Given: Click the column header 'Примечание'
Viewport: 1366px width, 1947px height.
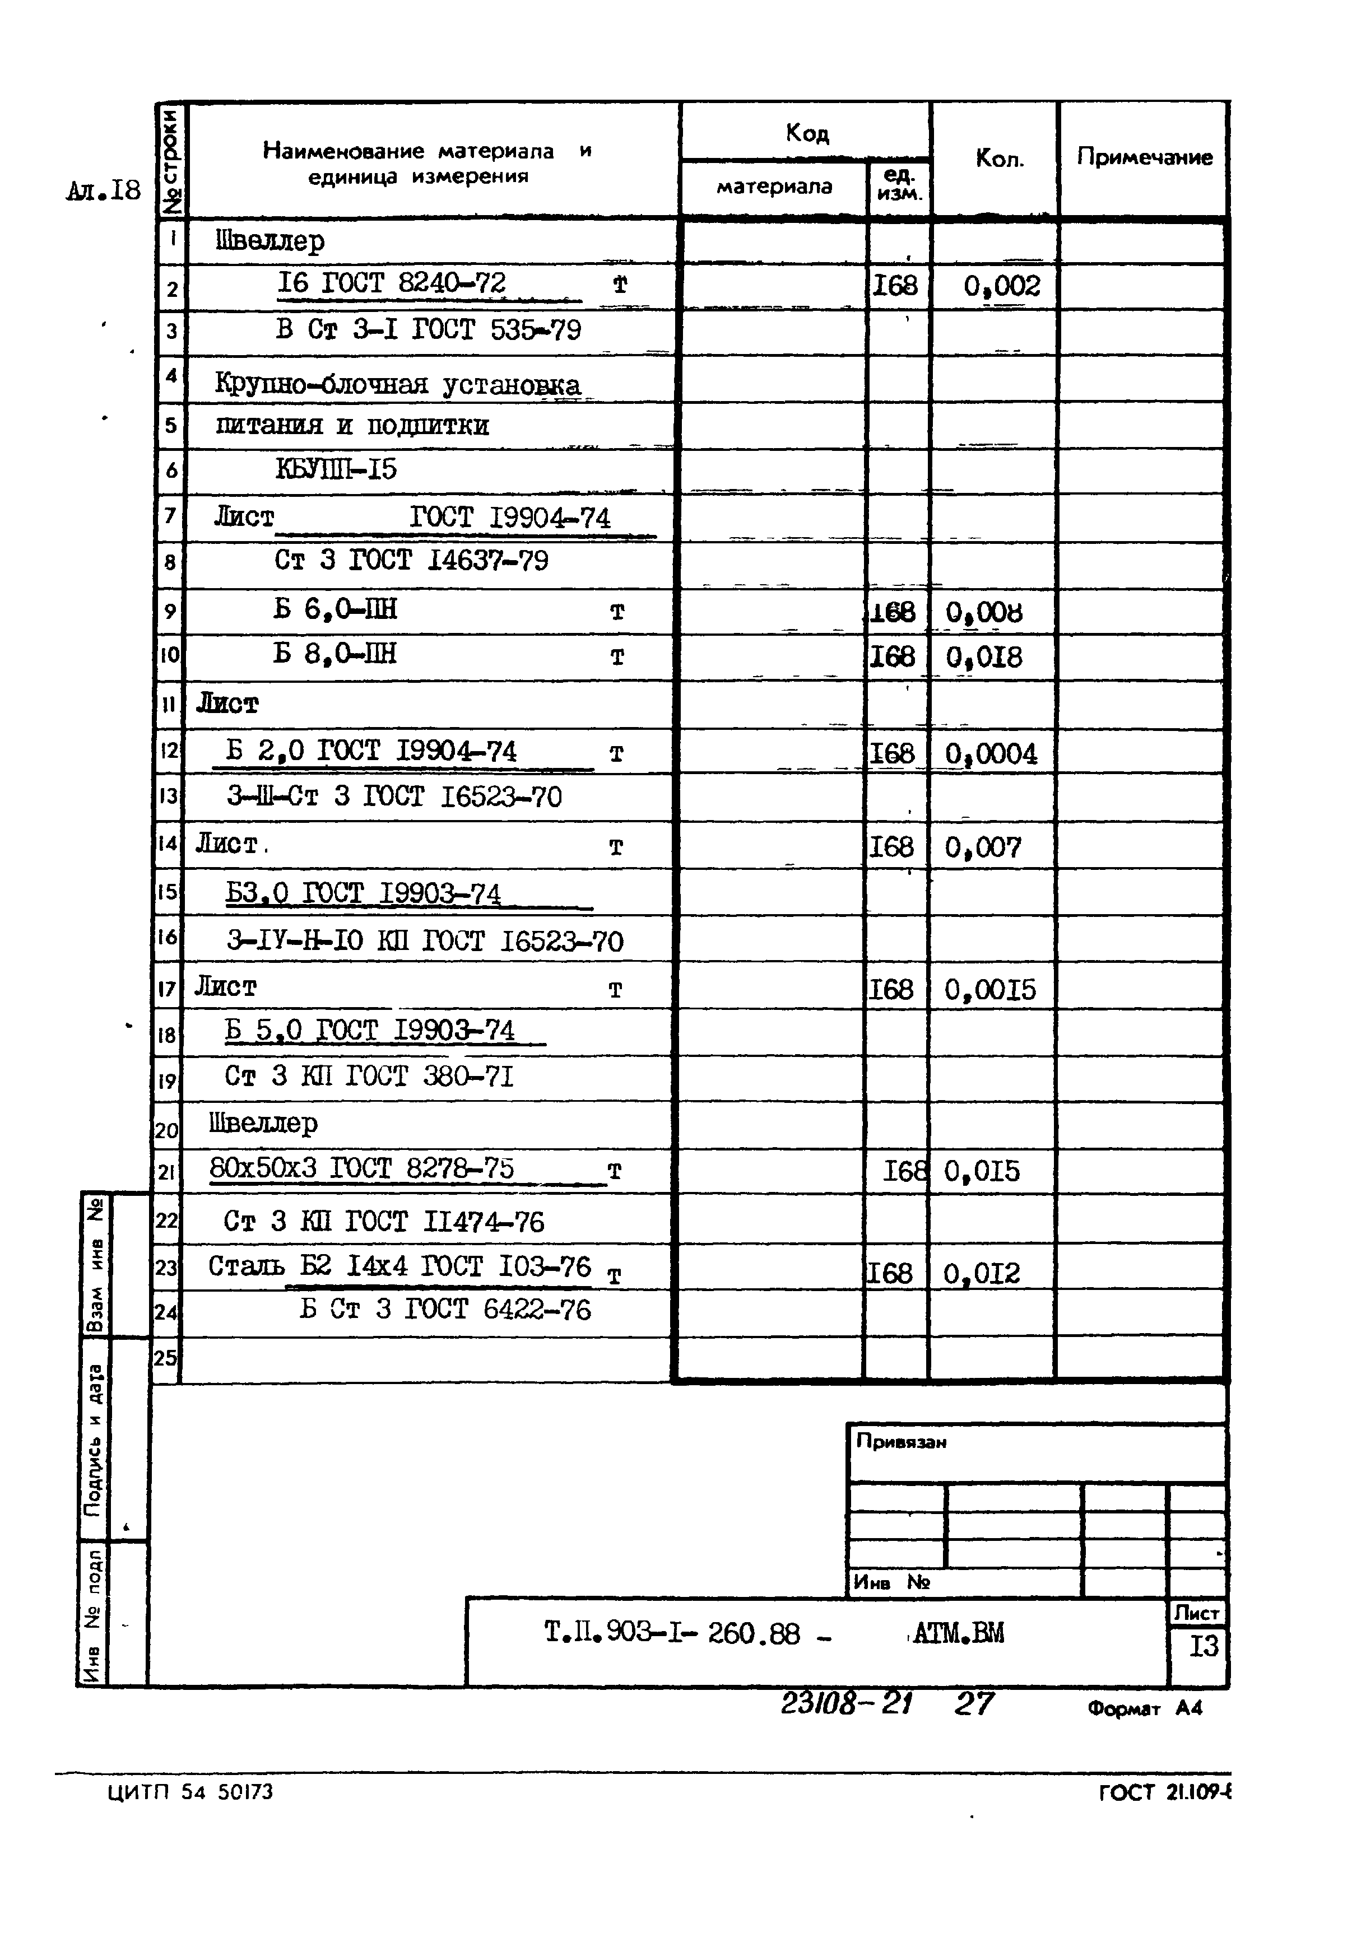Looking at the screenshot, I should [1144, 157].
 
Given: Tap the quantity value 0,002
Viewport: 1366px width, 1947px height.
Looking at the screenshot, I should [1001, 286].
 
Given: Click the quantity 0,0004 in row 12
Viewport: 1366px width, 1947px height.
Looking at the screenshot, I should [991, 754].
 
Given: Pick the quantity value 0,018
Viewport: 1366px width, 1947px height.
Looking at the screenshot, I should [984, 657].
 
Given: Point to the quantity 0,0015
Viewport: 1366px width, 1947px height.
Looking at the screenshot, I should [990, 990].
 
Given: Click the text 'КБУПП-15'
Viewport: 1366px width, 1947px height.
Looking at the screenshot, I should [336, 470].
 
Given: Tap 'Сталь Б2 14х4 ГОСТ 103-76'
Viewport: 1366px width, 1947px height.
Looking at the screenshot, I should [399, 1268].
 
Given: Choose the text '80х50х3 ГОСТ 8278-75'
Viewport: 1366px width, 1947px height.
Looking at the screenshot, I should [361, 1170].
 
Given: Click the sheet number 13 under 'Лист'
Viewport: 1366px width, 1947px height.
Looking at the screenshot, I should [1203, 1647].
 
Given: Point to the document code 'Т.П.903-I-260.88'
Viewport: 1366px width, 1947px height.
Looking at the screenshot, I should [672, 1633].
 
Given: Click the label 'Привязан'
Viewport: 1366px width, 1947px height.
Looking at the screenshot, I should [901, 1442].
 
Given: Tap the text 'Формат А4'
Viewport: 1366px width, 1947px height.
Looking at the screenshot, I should [1145, 1709].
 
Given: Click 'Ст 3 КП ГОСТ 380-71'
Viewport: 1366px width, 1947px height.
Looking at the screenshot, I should [369, 1077].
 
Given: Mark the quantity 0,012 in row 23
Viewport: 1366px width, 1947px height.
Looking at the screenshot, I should [982, 1274].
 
